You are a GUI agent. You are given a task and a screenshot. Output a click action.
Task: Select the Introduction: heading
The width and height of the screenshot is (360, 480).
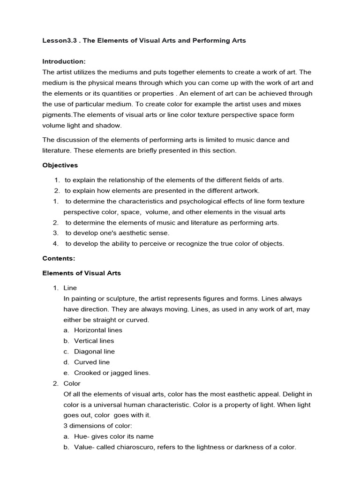pos(64,61)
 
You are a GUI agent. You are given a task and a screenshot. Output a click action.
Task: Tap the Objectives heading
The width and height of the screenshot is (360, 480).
pos(60,165)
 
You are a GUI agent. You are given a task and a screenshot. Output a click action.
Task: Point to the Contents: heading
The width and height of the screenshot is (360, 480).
pos(59,258)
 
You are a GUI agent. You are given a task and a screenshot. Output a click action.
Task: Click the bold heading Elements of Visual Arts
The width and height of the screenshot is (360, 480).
pos(82,273)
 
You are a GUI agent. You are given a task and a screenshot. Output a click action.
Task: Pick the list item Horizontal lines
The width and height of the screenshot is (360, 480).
pos(98,330)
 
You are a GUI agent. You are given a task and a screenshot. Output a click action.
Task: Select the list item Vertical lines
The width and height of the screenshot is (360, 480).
pos(94,341)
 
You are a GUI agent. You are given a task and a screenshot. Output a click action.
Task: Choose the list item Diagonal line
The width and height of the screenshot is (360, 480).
pos(94,352)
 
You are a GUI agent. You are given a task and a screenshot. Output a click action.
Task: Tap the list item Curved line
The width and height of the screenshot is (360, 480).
pos(92,362)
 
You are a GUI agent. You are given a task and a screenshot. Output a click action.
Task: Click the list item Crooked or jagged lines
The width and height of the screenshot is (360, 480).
pos(112,373)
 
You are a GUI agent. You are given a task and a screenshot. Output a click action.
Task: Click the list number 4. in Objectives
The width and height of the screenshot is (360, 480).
pos(56,243)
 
